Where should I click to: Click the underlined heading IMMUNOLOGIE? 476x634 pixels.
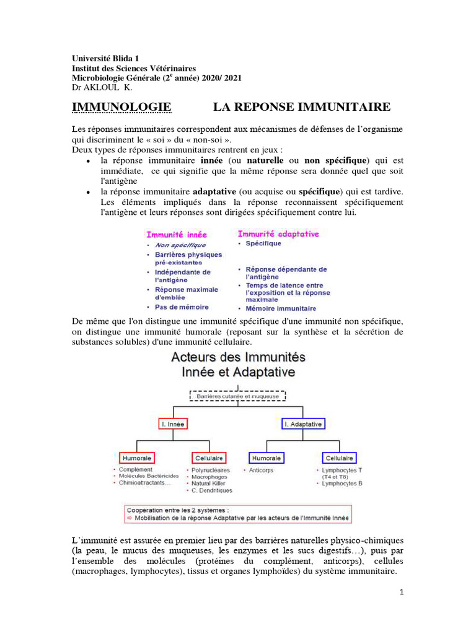coord(121,107)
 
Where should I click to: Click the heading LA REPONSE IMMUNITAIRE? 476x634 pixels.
coord(302,107)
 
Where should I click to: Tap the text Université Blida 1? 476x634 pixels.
coord(105,58)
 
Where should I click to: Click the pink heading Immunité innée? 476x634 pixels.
coord(177,235)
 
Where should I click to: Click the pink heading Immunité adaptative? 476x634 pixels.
coord(278,234)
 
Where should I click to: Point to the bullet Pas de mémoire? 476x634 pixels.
coord(182,306)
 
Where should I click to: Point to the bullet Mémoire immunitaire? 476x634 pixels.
coord(281,308)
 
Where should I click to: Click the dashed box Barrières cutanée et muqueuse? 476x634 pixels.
coord(237,395)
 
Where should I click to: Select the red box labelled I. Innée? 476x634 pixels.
coord(173,424)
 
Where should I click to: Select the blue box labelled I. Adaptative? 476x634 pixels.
coord(303,424)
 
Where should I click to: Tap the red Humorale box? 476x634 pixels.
coord(137,458)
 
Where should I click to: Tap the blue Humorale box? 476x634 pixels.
coord(266,458)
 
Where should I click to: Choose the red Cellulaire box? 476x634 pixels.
coord(209,458)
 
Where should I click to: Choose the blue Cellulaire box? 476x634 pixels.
coord(340,458)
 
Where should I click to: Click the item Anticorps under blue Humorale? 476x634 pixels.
coord(261,470)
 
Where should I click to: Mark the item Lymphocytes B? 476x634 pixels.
coord(342,483)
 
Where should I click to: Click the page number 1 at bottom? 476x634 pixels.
coord(402,591)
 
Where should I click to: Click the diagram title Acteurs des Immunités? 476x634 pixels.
coord(237,357)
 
